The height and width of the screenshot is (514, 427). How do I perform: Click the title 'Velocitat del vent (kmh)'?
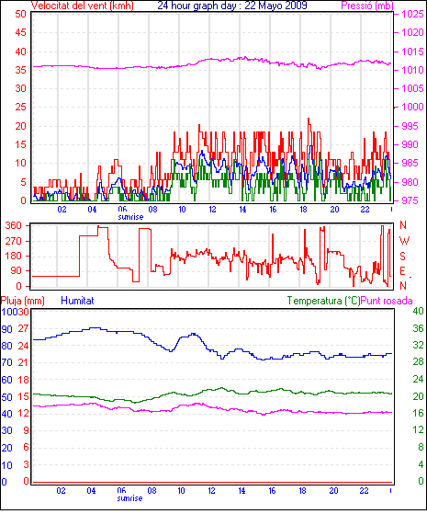point(83,6)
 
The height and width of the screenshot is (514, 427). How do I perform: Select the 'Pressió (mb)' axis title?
point(367,6)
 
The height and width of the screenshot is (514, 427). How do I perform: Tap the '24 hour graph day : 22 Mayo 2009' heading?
point(232,6)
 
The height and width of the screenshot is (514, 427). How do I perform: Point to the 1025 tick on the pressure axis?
point(412,14)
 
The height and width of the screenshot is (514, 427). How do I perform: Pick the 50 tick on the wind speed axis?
point(20,14)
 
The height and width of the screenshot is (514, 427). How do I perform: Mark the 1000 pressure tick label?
point(412,107)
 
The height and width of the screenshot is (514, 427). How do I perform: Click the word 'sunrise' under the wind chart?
point(130,217)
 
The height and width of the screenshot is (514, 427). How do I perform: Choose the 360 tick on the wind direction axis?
point(14,225)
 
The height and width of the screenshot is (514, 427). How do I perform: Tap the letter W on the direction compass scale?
point(404,241)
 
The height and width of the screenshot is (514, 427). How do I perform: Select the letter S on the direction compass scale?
point(403,256)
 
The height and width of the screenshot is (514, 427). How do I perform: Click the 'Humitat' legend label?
point(78,301)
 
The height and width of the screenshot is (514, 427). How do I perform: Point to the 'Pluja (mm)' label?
point(23,301)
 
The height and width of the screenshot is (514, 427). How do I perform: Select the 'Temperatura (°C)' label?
point(323,301)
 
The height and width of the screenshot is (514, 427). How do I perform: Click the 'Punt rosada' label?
point(387,301)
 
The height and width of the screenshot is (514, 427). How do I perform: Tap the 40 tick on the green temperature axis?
point(418,311)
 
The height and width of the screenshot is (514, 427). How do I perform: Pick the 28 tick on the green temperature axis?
point(418,361)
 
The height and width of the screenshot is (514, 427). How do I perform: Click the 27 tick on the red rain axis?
point(24,328)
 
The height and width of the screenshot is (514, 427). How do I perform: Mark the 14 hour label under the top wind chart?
point(242,210)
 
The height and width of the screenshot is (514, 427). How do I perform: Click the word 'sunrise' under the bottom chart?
point(130,498)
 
